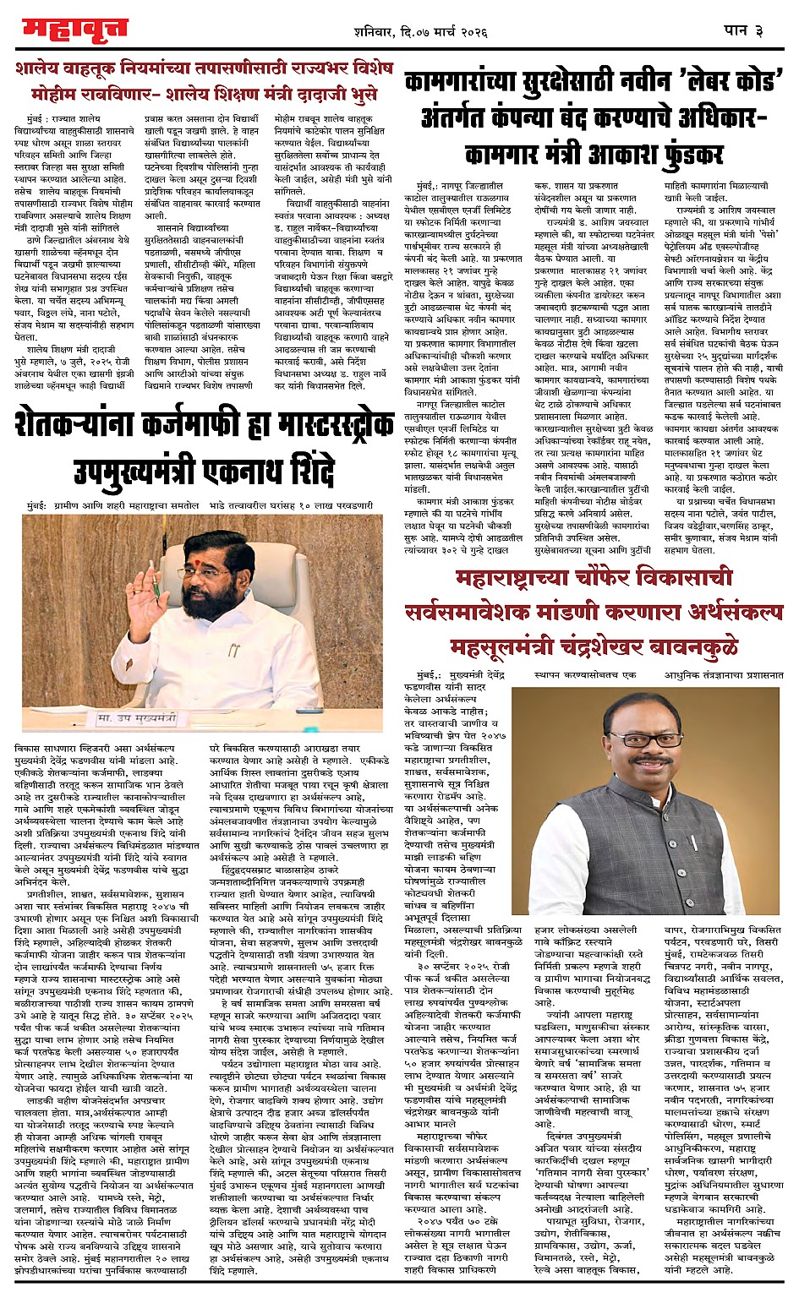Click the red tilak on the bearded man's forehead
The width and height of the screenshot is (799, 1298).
click(207, 550)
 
